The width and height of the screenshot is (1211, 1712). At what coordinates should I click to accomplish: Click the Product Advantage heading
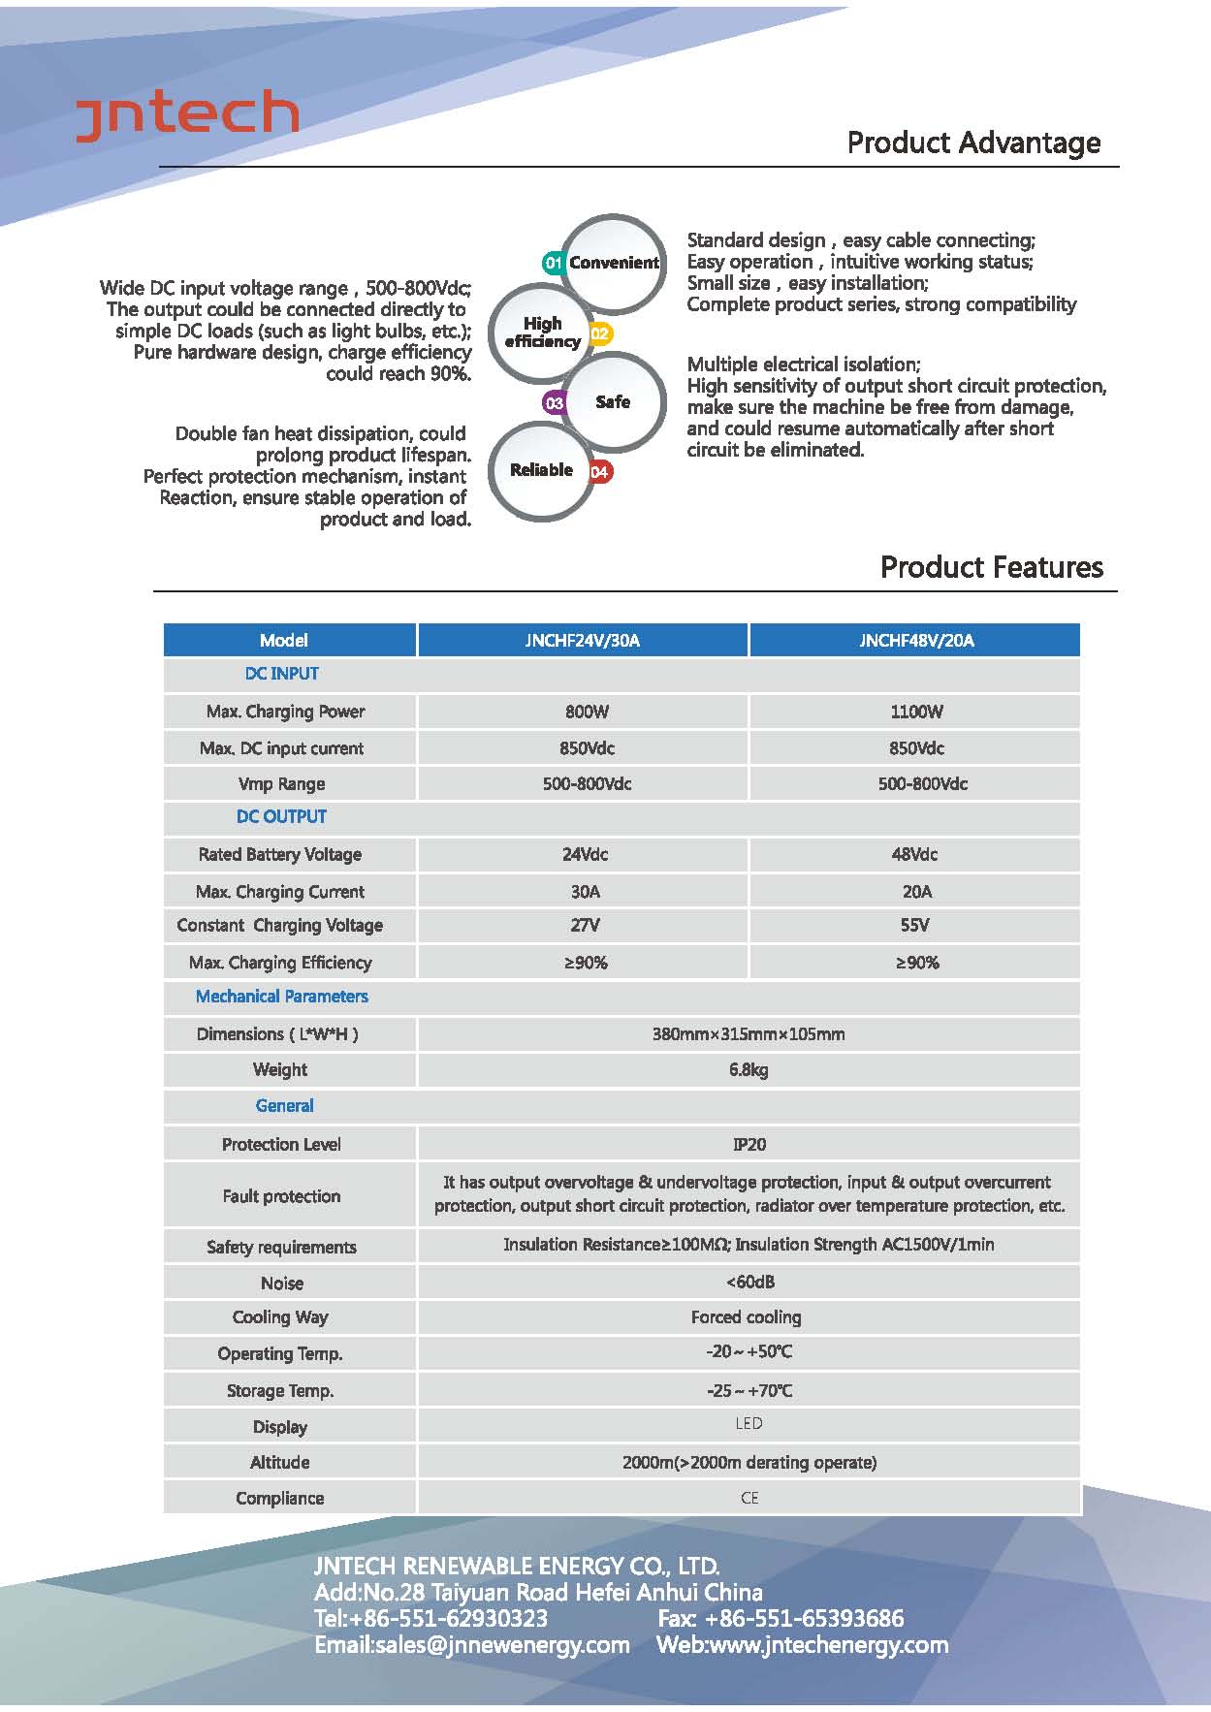click(x=973, y=143)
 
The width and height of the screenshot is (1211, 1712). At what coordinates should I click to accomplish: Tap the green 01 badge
click(x=554, y=263)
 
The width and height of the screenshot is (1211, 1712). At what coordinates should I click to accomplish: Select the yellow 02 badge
click(x=600, y=334)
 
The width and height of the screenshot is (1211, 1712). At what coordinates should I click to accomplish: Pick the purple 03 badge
click(x=555, y=402)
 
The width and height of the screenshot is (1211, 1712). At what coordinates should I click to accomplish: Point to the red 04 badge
click(x=600, y=472)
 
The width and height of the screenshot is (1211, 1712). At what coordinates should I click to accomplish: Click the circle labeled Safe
click(x=613, y=401)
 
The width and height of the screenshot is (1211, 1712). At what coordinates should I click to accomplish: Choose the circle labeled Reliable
click(x=540, y=470)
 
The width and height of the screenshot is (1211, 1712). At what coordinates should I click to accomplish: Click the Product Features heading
click(x=991, y=567)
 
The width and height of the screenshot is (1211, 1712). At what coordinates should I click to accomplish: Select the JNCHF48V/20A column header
click(x=916, y=640)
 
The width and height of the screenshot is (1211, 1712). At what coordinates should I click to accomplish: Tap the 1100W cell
click(x=916, y=712)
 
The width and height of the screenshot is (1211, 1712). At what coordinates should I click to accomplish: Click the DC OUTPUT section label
click(x=281, y=816)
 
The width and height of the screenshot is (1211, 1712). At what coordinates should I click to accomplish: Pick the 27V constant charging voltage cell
click(x=585, y=925)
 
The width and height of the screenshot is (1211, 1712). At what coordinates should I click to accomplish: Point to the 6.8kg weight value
click(x=749, y=1069)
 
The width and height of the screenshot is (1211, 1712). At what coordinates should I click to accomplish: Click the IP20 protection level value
click(x=749, y=1144)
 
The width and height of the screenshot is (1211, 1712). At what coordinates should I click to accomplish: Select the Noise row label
click(x=282, y=1283)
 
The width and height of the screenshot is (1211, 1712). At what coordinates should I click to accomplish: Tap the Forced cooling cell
click(x=746, y=1316)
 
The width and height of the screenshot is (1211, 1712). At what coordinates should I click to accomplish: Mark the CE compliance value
click(x=749, y=1498)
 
